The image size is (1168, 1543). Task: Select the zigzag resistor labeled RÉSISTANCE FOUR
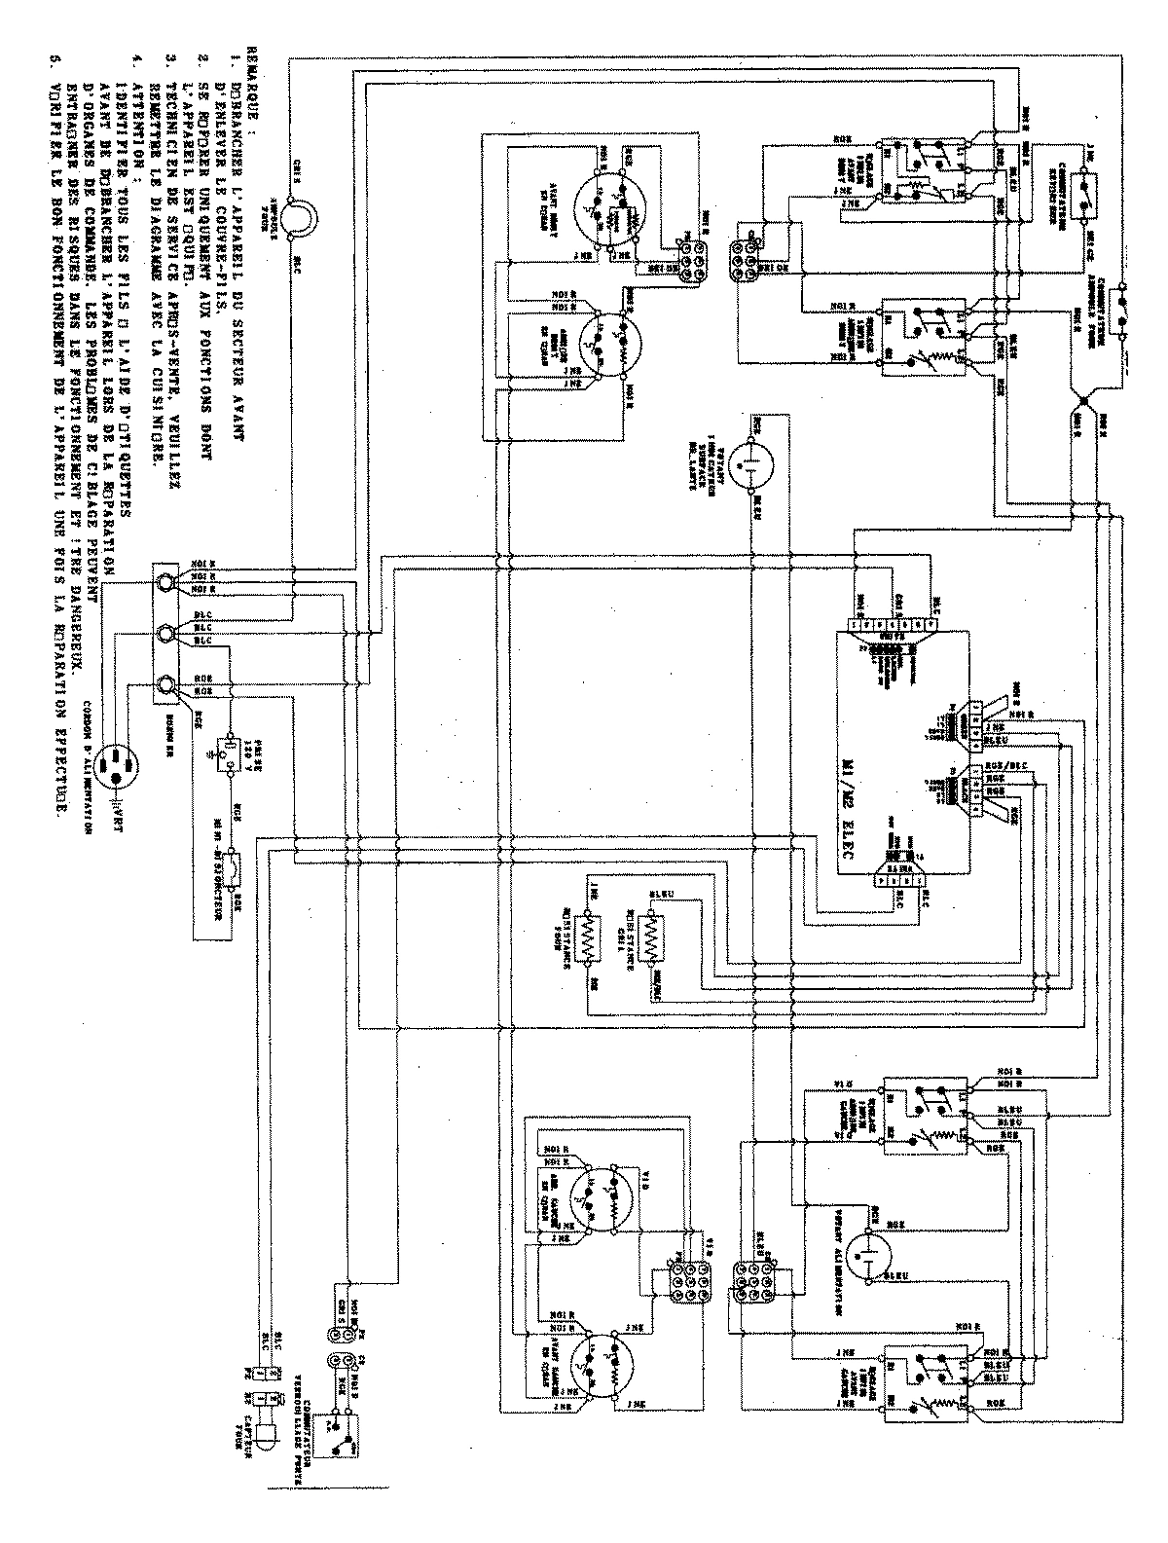tap(585, 938)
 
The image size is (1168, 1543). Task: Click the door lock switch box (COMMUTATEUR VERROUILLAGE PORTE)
tap(342, 1451)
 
